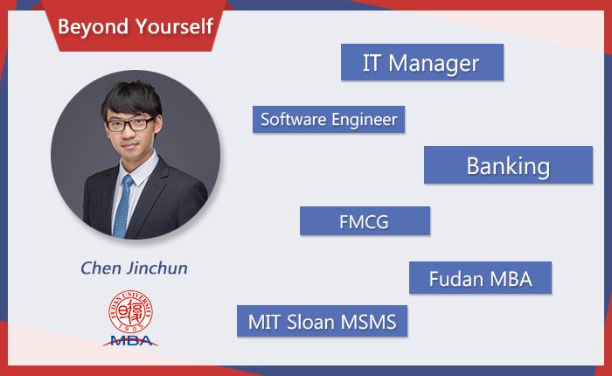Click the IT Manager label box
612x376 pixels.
click(x=422, y=62)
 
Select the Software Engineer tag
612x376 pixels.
click(x=329, y=119)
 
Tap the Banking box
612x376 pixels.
click(x=508, y=164)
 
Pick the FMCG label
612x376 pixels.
click(x=365, y=221)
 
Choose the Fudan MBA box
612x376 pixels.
click(x=481, y=277)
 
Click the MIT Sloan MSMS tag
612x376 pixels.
click(x=322, y=321)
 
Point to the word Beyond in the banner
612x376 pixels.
click(x=93, y=27)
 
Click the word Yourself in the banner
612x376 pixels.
click(x=174, y=26)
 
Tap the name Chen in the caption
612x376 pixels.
click(x=101, y=268)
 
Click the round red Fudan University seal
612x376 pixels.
click(x=130, y=311)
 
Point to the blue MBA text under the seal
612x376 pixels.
click(x=131, y=341)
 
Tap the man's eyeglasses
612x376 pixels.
click(x=130, y=124)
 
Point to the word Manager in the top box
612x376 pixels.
click(x=434, y=63)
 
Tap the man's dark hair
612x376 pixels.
click(x=132, y=99)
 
